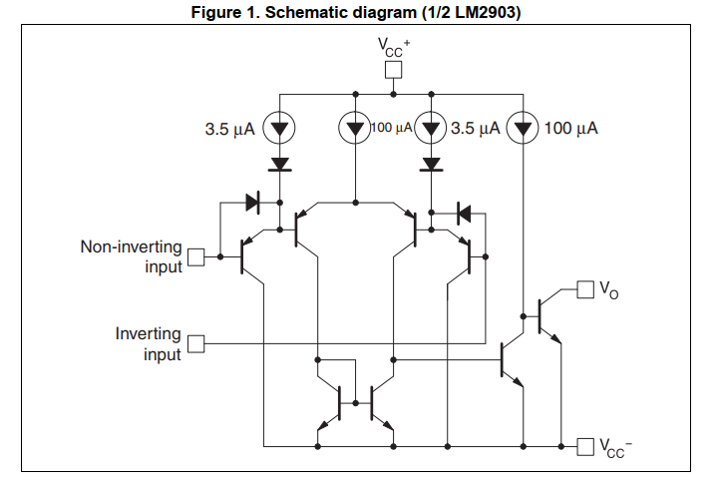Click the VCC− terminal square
coord(586,444)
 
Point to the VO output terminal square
coord(584,289)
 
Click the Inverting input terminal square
coord(196,344)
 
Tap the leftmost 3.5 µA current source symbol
coord(280,128)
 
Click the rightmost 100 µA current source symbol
coord(523,128)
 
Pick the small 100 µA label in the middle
coord(392,128)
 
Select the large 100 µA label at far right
coord(569,129)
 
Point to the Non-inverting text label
coord(131,245)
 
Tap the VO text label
coord(607,290)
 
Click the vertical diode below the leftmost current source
coord(280,164)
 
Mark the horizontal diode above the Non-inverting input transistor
coord(252,202)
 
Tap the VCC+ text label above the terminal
coord(394,46)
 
